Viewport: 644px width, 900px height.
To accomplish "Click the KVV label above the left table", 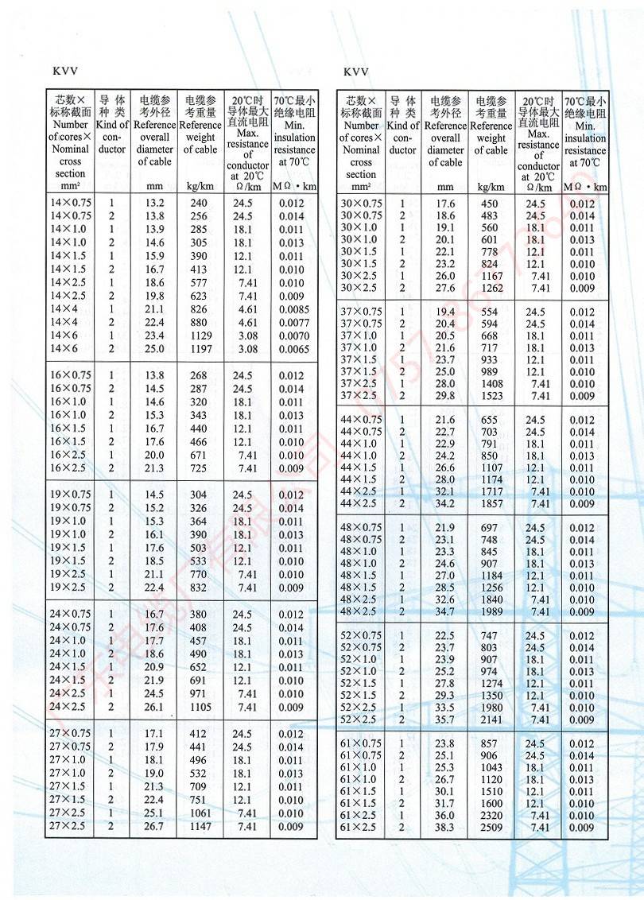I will pos(64,72).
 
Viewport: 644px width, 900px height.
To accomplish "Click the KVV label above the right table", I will pos(356,72).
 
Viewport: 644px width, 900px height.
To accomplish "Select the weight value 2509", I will pos(491,828).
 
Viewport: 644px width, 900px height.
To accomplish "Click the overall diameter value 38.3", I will pos(445,828).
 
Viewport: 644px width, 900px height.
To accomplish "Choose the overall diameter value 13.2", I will pos(154,203).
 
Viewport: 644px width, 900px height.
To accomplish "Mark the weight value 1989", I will pos(491,611).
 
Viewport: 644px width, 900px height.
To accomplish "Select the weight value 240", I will pos(198,203).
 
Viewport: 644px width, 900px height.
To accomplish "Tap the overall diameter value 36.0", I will pos(445,816).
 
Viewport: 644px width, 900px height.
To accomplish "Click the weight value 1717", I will pos(491,491).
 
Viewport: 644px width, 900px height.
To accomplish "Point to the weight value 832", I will pos(198,588).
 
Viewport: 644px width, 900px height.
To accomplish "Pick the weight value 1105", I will pos(200,707).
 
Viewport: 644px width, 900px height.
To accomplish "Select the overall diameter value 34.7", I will pos(445,611).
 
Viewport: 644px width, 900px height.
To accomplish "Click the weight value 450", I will pos(489,204).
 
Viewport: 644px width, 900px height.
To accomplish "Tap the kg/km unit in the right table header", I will pos(491,187).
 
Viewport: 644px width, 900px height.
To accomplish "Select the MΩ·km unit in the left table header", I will pos(294,187).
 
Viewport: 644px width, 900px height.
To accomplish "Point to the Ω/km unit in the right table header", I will pos(538,187).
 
